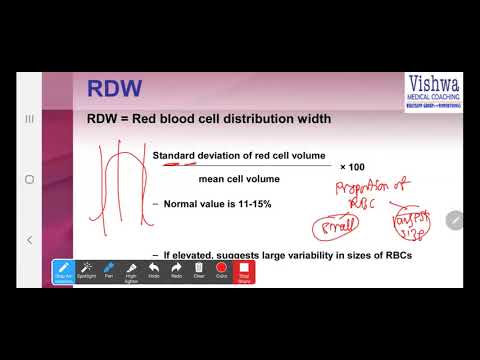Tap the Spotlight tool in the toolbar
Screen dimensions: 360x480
click(x=87, y=271)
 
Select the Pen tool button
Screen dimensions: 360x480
click(x=109, y=271)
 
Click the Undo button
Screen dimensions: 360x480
click(x=153, y=271)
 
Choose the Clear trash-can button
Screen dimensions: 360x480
click(x=198, y=271)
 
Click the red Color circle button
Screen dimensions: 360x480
click(x=221, y=271)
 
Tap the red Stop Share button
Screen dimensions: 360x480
click(x=243, y=271)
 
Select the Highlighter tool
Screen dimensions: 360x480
click(x=131, y=271)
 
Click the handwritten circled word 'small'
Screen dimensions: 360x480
click(x=359, y=227)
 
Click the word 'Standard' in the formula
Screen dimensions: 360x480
click(x=175, y=156)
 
